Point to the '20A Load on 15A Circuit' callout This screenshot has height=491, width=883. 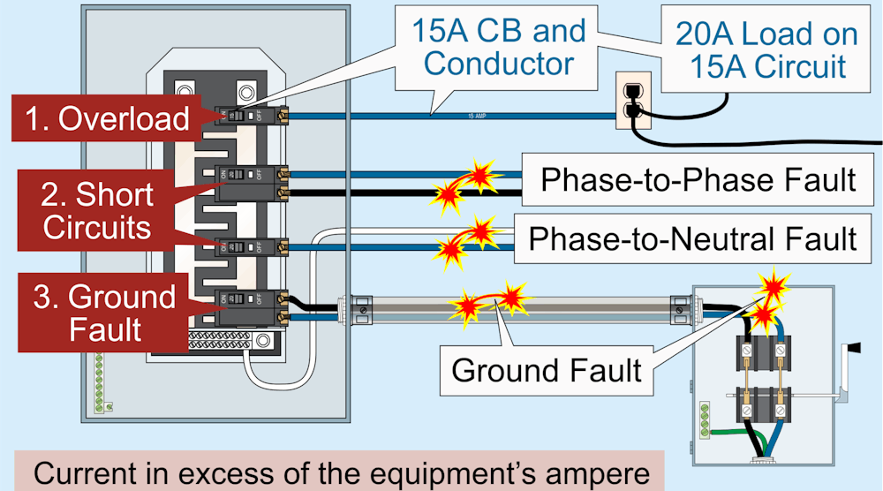point(766,49)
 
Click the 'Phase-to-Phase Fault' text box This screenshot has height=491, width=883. point(698,179)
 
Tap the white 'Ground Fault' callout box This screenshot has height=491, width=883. point(546,368)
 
